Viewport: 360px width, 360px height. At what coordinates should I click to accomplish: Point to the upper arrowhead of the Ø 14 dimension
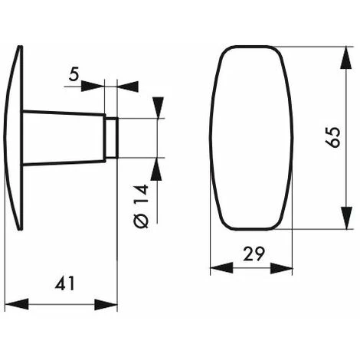click(x=158, y=107)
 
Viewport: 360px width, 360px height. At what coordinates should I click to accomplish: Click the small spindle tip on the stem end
click(x=111, y=138)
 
